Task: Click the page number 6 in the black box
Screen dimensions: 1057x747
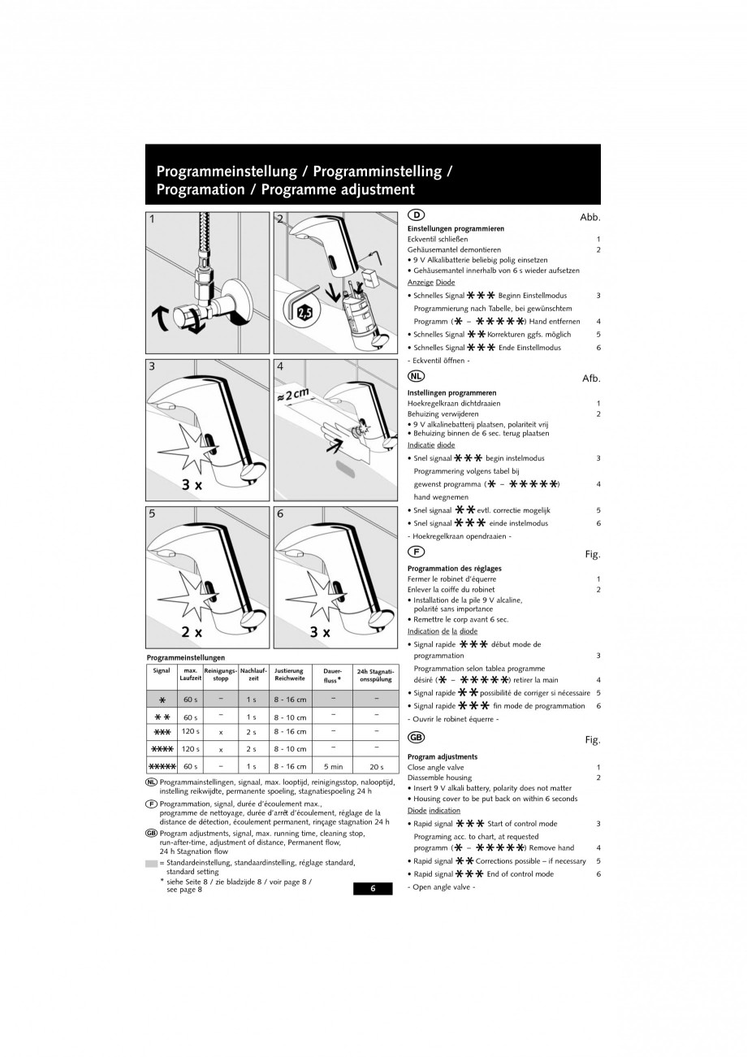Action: tap(373, 888)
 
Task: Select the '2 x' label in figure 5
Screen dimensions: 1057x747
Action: tap(192, 631)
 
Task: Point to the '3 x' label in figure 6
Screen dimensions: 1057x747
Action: tap(320, 631)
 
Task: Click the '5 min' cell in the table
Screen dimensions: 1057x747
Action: tap(333, 766)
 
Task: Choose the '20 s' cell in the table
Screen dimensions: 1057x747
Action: tap(376, 766)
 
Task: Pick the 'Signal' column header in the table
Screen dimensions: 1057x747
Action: tap(161, 671)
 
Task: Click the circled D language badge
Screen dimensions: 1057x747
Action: tap(415, 215)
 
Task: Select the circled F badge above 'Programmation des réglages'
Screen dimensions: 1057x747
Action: tap(415, 552)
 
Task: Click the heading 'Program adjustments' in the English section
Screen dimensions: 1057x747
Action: tap(443, 756)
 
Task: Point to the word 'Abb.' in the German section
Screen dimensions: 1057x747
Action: tap(589, 218)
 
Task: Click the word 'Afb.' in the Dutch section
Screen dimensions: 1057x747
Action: tap(590, 379)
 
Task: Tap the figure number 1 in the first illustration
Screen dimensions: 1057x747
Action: tap(152, 219)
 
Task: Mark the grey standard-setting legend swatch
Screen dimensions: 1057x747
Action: tap(152, 863)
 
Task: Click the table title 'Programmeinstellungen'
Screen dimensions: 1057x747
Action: tap(185, 657)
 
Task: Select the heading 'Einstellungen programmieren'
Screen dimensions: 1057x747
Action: tap(456, 229)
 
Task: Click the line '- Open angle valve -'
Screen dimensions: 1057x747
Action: tap(441, 886)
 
